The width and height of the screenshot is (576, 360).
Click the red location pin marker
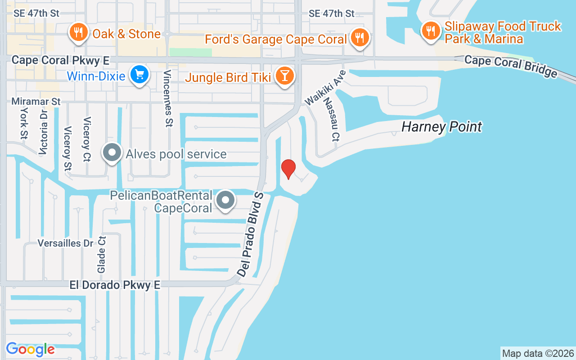pyautogui.click(x=288, y=169)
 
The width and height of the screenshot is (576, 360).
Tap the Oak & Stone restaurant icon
pyautogui.click(x=78, y=33)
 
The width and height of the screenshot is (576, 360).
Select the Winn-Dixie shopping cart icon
pyautogui.click(x=139, y=75)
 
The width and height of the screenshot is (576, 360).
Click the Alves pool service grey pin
pyautogui.click(x=112, y=153)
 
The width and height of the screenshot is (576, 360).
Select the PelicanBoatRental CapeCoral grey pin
pyautogui.click(x=225, y=200)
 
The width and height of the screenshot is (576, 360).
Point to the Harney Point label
pyautogui.click(x=441, y=127)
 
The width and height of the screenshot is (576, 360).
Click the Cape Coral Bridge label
pyautogui.click(x=511, y=66)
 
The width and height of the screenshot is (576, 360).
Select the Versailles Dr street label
pyautogui.click(x=65, y=243)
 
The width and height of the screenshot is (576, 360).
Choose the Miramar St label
pyautogui.click(x=36, y=102)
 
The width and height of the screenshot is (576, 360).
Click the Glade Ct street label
pyautogui.click(x=101, y=255)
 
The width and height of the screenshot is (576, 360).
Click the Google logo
pyautogui.click(x=31, y=349)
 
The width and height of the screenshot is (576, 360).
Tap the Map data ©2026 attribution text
pyautogui.click(x=538, y=353)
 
